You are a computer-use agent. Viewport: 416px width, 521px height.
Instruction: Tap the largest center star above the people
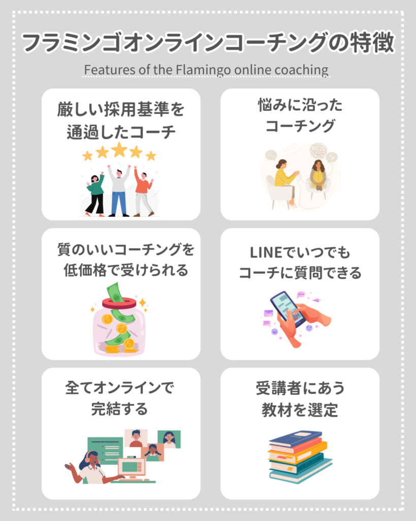tap(119, 150)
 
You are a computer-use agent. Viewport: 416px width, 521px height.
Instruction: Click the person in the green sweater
tap(95, 193)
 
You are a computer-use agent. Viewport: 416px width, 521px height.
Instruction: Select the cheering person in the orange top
tap(143, 192)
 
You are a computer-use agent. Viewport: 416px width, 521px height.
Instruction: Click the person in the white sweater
tap(119, 191)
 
